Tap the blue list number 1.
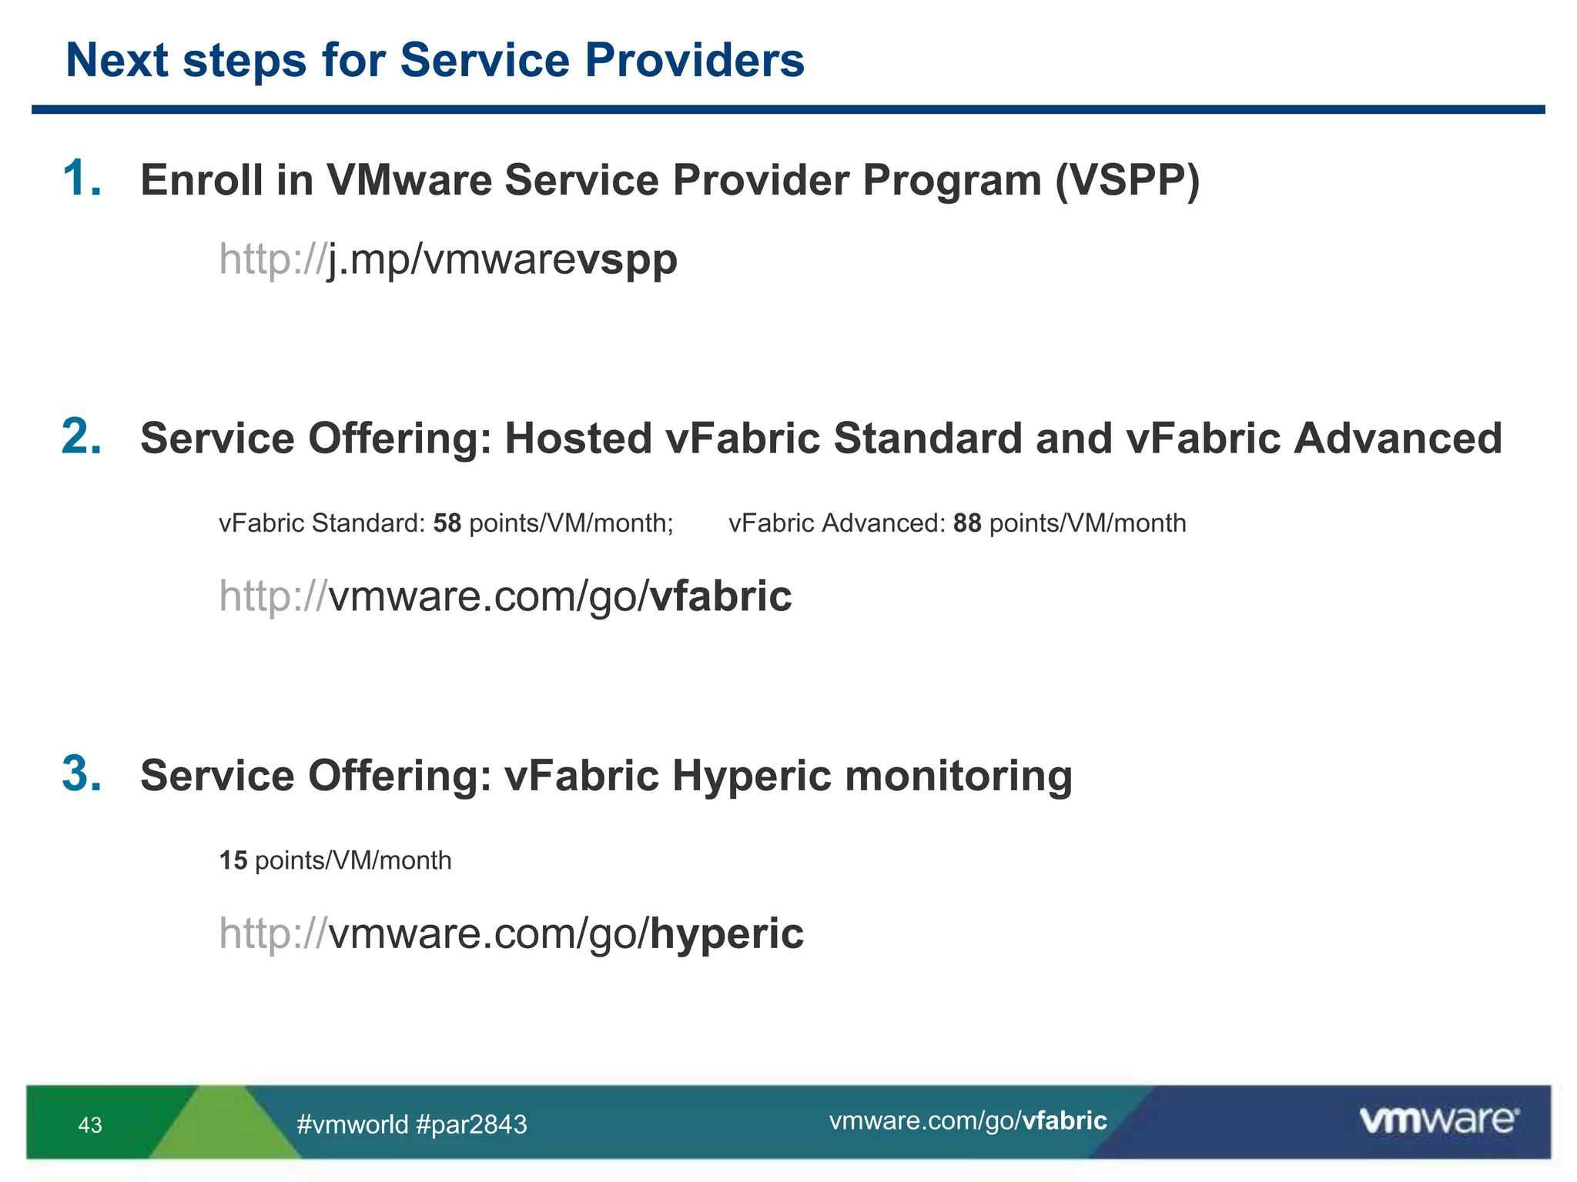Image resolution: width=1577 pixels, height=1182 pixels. tap(82, 179)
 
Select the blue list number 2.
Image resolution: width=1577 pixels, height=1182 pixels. tap(82, 437)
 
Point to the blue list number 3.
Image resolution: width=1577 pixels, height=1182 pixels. tap(82, 773)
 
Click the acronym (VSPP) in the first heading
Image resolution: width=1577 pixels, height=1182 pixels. tap(1127, 180)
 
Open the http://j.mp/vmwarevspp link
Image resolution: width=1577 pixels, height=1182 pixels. tap(448, 259)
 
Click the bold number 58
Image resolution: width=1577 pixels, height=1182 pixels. tap(447, 523)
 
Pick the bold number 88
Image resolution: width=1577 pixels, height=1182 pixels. tap(967, 523)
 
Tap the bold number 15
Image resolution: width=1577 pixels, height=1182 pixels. tap(233, 860)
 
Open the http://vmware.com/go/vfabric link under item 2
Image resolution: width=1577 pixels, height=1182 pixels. tap(505, 596)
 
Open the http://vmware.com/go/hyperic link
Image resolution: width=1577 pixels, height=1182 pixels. tap(511, 933)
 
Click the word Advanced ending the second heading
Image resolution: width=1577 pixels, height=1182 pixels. tap(1397, 438)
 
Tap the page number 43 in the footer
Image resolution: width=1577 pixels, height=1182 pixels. tap(90, 1125)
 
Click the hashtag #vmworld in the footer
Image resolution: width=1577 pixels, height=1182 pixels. tap(352, 1125)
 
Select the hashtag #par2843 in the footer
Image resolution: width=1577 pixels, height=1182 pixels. tap(471, 1125)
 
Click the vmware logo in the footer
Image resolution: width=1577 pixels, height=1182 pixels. tap(1438, 1120)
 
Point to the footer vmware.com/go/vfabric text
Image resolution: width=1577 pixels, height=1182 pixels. tap(968, 1121)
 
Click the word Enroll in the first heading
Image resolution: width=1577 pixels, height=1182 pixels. tap(201, 180)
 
